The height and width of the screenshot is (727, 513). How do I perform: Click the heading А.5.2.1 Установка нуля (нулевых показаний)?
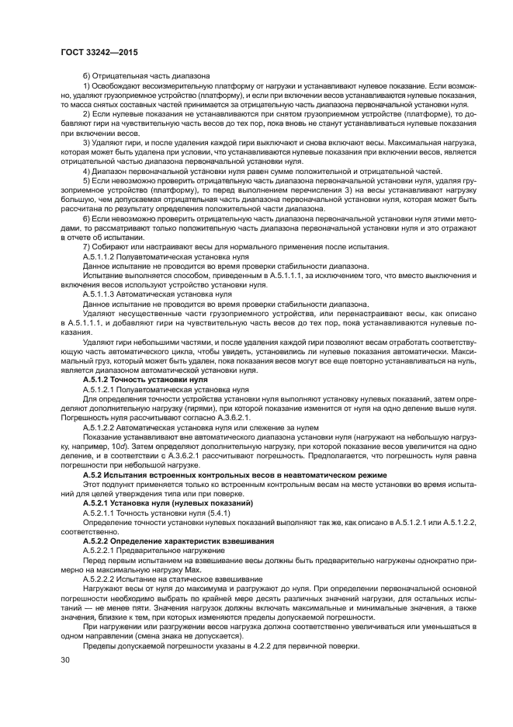pyautogui.click(x=154, y=504)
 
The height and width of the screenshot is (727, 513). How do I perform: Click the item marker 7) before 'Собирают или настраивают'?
pyautogui.click(x=86, y=245)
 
